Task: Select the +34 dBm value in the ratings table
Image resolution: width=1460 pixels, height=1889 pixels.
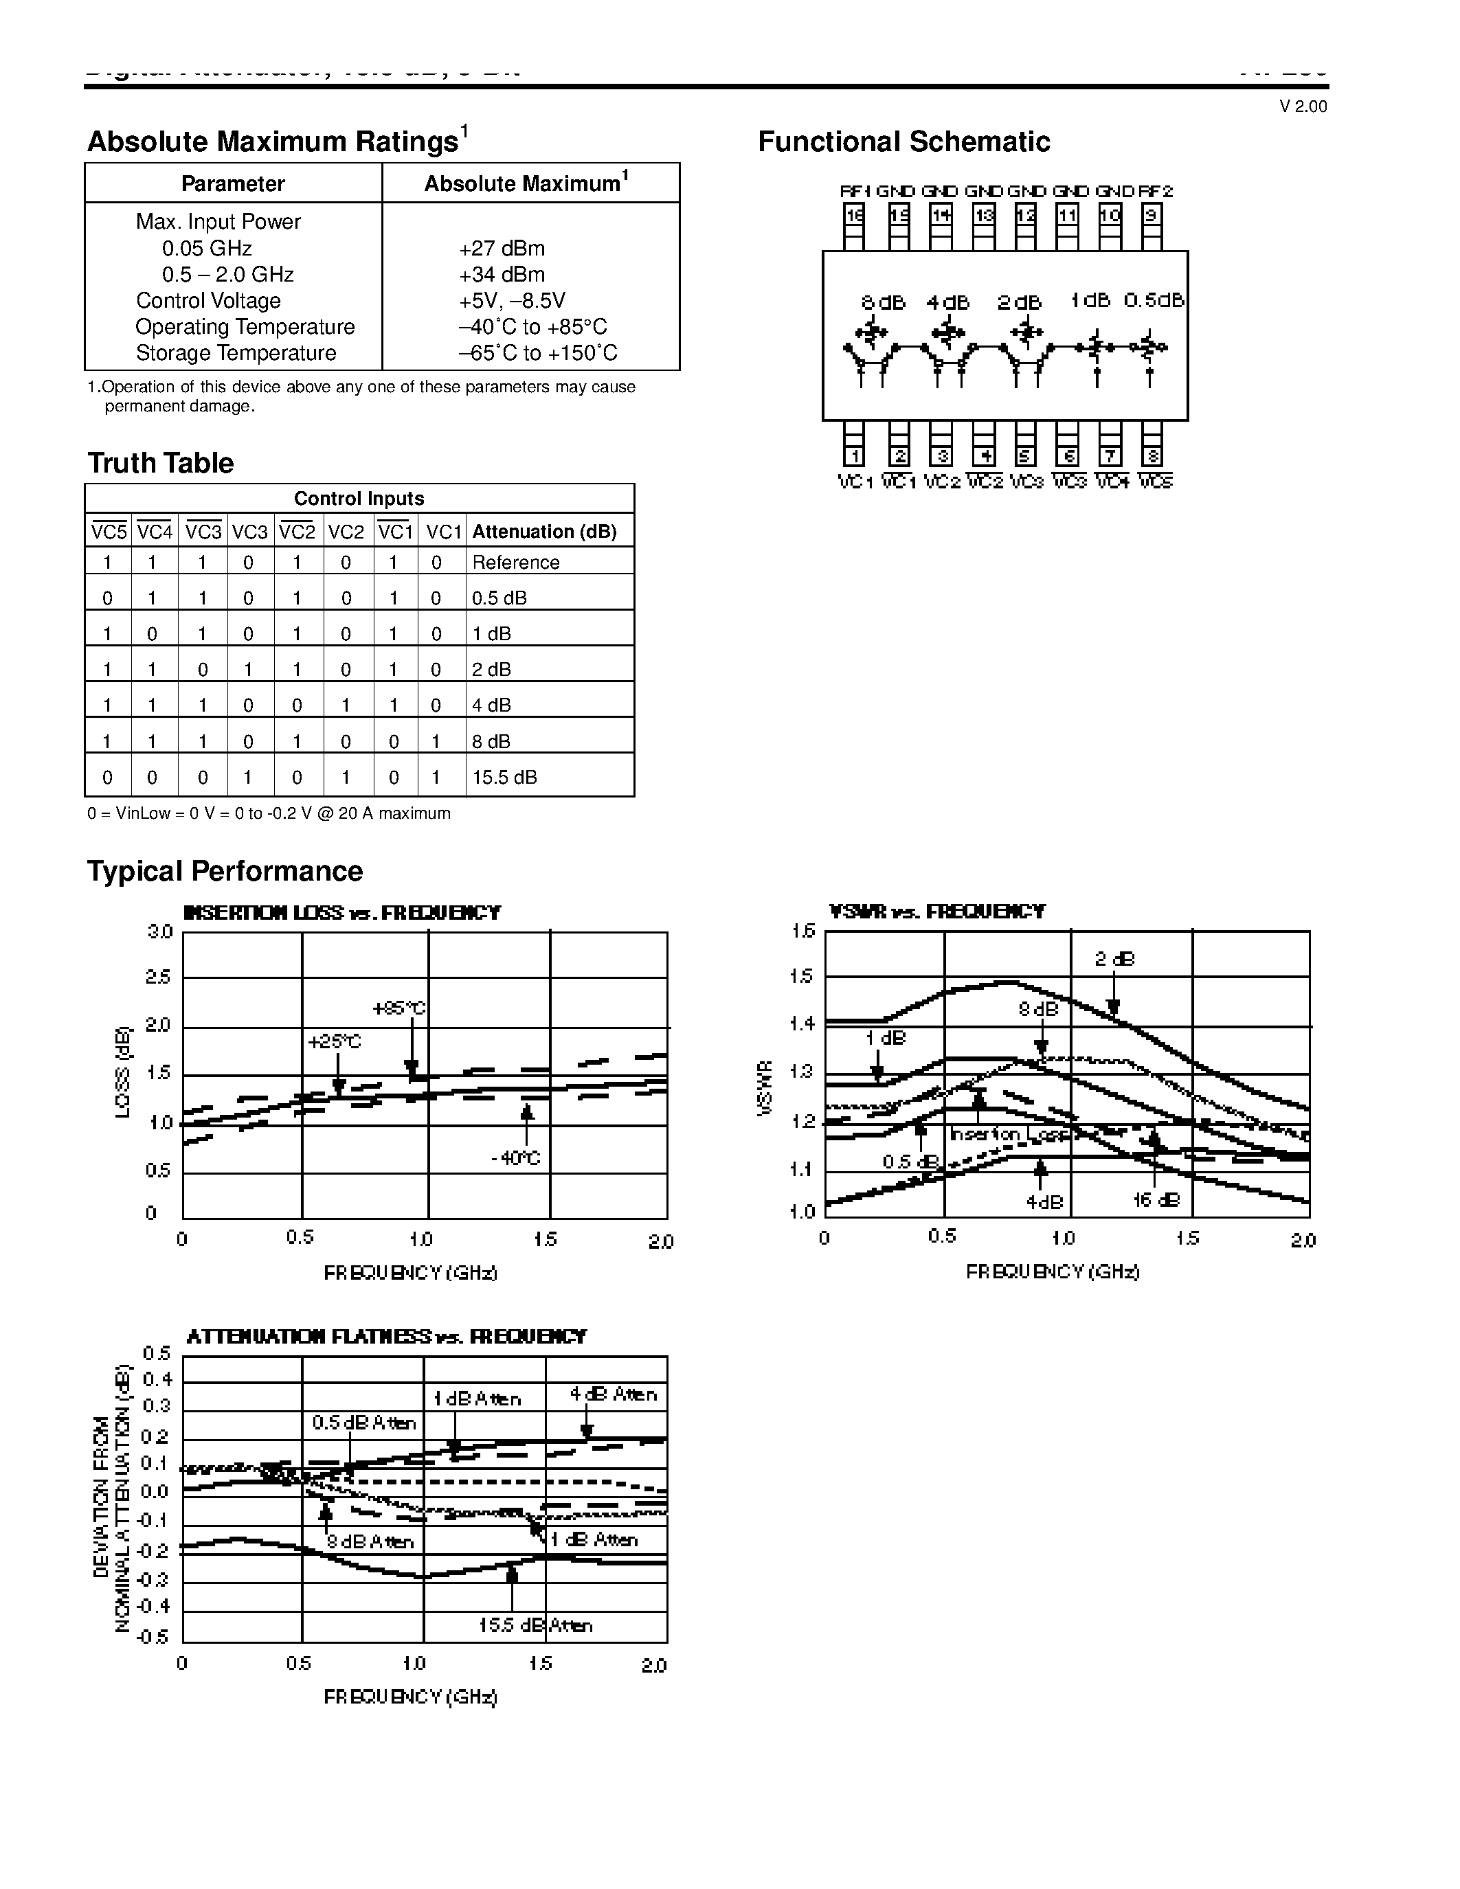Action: coord(502,275)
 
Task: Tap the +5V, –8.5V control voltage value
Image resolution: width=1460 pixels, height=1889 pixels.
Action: coord(512,301)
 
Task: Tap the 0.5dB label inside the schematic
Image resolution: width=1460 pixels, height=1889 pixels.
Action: coord(1153,300)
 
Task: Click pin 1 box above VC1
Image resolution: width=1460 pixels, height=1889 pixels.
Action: coord(854,456)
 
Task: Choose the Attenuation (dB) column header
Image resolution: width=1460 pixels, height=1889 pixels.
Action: coord(544,532)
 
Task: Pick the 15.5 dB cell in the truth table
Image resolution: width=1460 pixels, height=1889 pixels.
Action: coord(504,778)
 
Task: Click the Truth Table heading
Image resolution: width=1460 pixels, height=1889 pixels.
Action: coord(160,464)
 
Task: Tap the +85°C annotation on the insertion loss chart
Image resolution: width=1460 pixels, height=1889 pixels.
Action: coord(398,1008)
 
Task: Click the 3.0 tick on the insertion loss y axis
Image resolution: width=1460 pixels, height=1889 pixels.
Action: coord(161,932)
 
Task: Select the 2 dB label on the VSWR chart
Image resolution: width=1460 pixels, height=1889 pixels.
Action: coord(1114,959)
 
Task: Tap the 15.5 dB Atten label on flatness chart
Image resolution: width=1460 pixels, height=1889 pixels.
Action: coord(535,1625)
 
